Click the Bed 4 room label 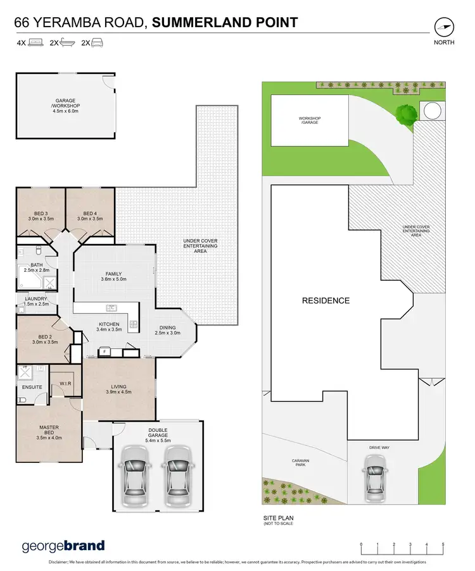tap(90, 216)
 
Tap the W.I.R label tap(64, 383)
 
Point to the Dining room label tap(168, 330)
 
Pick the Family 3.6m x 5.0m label tap(113, 276)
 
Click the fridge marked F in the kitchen tap(103, 351)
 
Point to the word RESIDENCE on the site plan tap(325, 300)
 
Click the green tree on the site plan tap(405, 114)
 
